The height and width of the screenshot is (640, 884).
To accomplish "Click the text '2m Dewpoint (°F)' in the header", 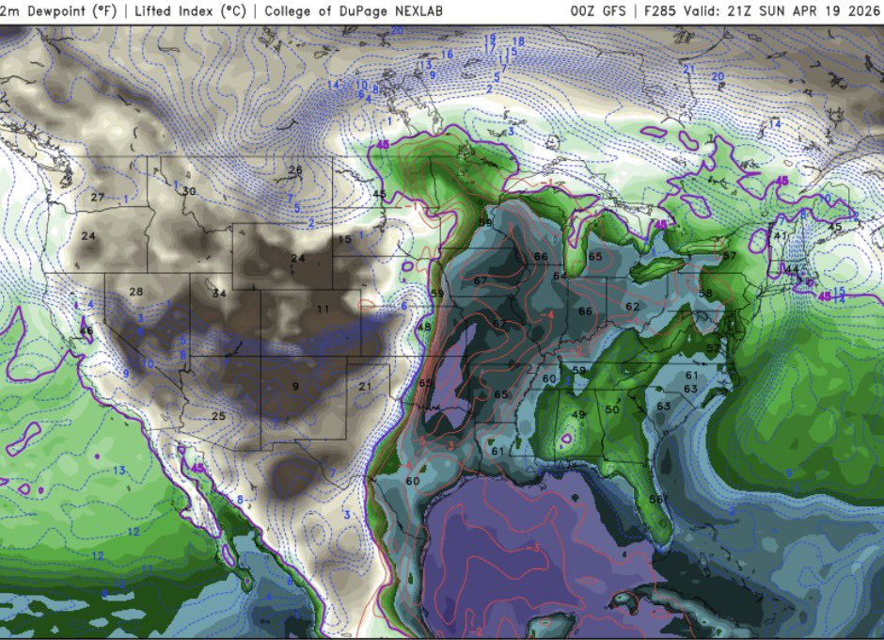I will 45,11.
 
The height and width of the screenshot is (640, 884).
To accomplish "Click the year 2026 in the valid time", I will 858,11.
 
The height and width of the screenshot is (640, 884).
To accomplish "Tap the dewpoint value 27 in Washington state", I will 98,198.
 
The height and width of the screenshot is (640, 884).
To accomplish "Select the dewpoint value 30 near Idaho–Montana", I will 189,191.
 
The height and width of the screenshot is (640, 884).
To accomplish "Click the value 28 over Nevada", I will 135,292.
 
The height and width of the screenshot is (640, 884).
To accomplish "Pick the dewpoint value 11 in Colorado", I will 323,309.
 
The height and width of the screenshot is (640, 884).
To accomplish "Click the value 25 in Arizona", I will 218,416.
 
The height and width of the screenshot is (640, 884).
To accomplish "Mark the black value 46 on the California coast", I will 86,331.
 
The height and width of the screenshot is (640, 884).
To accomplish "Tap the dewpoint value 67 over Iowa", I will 481,281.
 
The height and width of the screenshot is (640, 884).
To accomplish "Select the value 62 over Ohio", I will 632,307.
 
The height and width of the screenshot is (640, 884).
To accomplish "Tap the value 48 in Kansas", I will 424,327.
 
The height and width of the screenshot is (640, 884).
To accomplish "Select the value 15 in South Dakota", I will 345,241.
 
